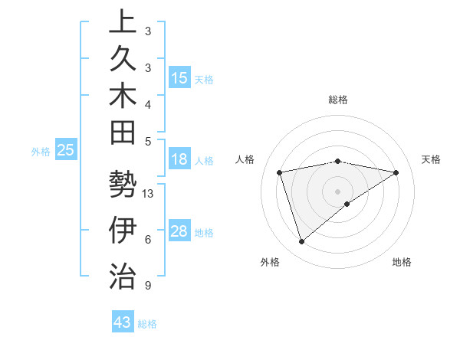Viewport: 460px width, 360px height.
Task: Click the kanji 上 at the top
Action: click(x=123, y=22)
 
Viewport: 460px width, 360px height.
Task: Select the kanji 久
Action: click(x=123, y=59)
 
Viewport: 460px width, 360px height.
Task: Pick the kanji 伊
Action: click(x=123, y=231)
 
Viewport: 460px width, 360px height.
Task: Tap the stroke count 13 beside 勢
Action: click(x=149, y=194)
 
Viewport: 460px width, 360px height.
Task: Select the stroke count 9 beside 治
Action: click(x=147, y=286)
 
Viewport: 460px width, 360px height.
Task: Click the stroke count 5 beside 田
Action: click(x=147, y=141)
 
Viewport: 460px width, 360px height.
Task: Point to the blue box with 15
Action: click(x=179, y=78)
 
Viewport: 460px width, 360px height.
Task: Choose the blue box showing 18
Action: click(x=179, y=160)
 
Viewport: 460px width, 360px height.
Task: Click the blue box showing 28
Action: click(x=179, y=232)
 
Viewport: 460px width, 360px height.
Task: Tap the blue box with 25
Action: click(x=66, y=151)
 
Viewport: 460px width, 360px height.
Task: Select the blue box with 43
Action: click(x=123, y=322)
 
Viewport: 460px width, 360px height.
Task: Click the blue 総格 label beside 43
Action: click(x=147, y=324)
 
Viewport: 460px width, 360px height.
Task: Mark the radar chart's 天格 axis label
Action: click(x=431, y=159)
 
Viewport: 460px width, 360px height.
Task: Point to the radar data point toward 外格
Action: click(x=301, y=242)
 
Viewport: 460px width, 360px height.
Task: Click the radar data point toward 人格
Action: click(x=280, y=172)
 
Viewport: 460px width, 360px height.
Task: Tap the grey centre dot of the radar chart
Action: click(x=338, y=191)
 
